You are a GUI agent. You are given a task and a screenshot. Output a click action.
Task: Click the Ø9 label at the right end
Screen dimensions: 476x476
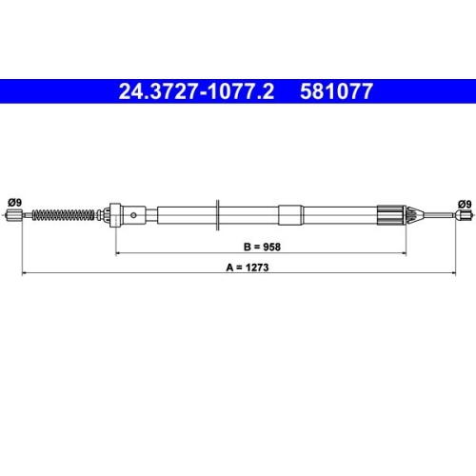point(464,203)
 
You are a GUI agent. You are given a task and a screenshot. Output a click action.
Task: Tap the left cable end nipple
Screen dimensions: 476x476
point(14,217)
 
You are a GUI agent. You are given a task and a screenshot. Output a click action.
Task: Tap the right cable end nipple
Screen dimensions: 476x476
point(464,217)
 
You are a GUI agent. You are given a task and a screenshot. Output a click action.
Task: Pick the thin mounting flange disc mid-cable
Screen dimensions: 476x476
point(220,215)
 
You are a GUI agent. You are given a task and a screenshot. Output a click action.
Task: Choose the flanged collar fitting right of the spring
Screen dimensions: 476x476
point(115,215)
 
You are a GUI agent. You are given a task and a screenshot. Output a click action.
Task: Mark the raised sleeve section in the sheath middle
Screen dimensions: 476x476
point(291,215)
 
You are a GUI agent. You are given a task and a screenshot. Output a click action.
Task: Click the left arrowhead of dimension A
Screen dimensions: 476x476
point(24,274)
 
